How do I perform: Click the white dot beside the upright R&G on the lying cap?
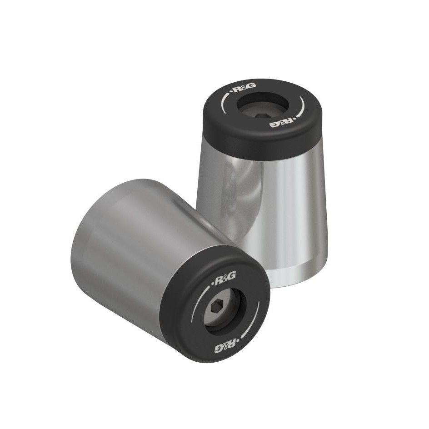[214, 285]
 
